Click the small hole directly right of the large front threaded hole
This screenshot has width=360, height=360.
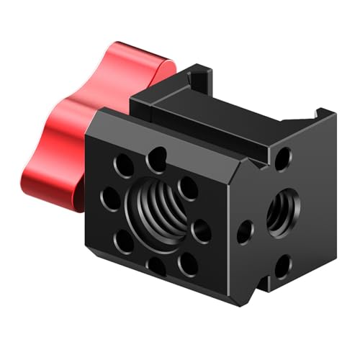(x=202, y=232)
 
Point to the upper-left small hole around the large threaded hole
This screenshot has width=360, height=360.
(x=121, y=163)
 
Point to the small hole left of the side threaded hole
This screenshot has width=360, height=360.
(x=245, y=230)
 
